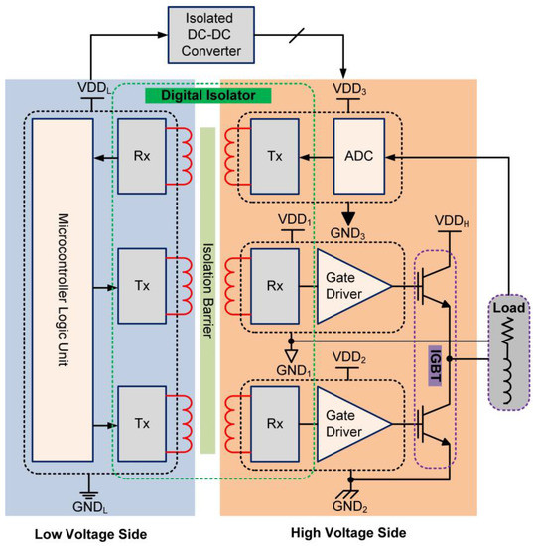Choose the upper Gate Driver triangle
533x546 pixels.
click(353, 286)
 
